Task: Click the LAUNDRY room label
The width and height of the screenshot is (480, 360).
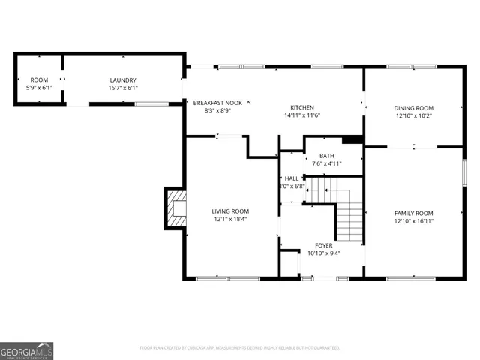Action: [x=122, y=80]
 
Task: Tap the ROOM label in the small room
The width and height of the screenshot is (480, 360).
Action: [x=39, y=80]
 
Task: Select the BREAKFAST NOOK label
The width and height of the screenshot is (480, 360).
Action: [x=217, y=102]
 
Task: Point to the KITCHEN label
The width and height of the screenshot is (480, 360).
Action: [x=302, y=107]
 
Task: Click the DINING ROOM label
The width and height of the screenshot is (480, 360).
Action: [x=414, y=107]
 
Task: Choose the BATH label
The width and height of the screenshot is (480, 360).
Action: [x=326, y=156]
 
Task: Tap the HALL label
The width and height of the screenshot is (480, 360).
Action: [x=291, y=178]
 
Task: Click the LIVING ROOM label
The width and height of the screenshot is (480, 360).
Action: [x=229, y=211]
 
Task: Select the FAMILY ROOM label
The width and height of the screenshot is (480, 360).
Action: [x=414, y=213]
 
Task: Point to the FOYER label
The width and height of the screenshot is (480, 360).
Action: [x=324, y=245]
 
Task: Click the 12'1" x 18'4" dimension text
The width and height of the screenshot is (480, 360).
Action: [x=229, y=220]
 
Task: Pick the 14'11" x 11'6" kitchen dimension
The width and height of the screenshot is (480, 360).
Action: [x=302, y=115]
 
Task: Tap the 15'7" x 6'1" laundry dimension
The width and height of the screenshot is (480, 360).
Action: [x=122, y=88]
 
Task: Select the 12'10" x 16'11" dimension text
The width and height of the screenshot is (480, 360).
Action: [x=414, y=221]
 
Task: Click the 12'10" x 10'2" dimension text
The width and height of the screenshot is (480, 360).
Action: [x=414, y=115]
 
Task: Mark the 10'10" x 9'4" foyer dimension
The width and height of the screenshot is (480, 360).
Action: [x=324, y=253]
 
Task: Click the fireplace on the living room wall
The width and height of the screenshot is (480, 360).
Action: [x=176, y=208]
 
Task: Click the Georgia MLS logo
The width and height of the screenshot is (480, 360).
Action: [x=27, y=350]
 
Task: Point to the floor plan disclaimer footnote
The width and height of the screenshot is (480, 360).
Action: [x=240, y=348]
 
